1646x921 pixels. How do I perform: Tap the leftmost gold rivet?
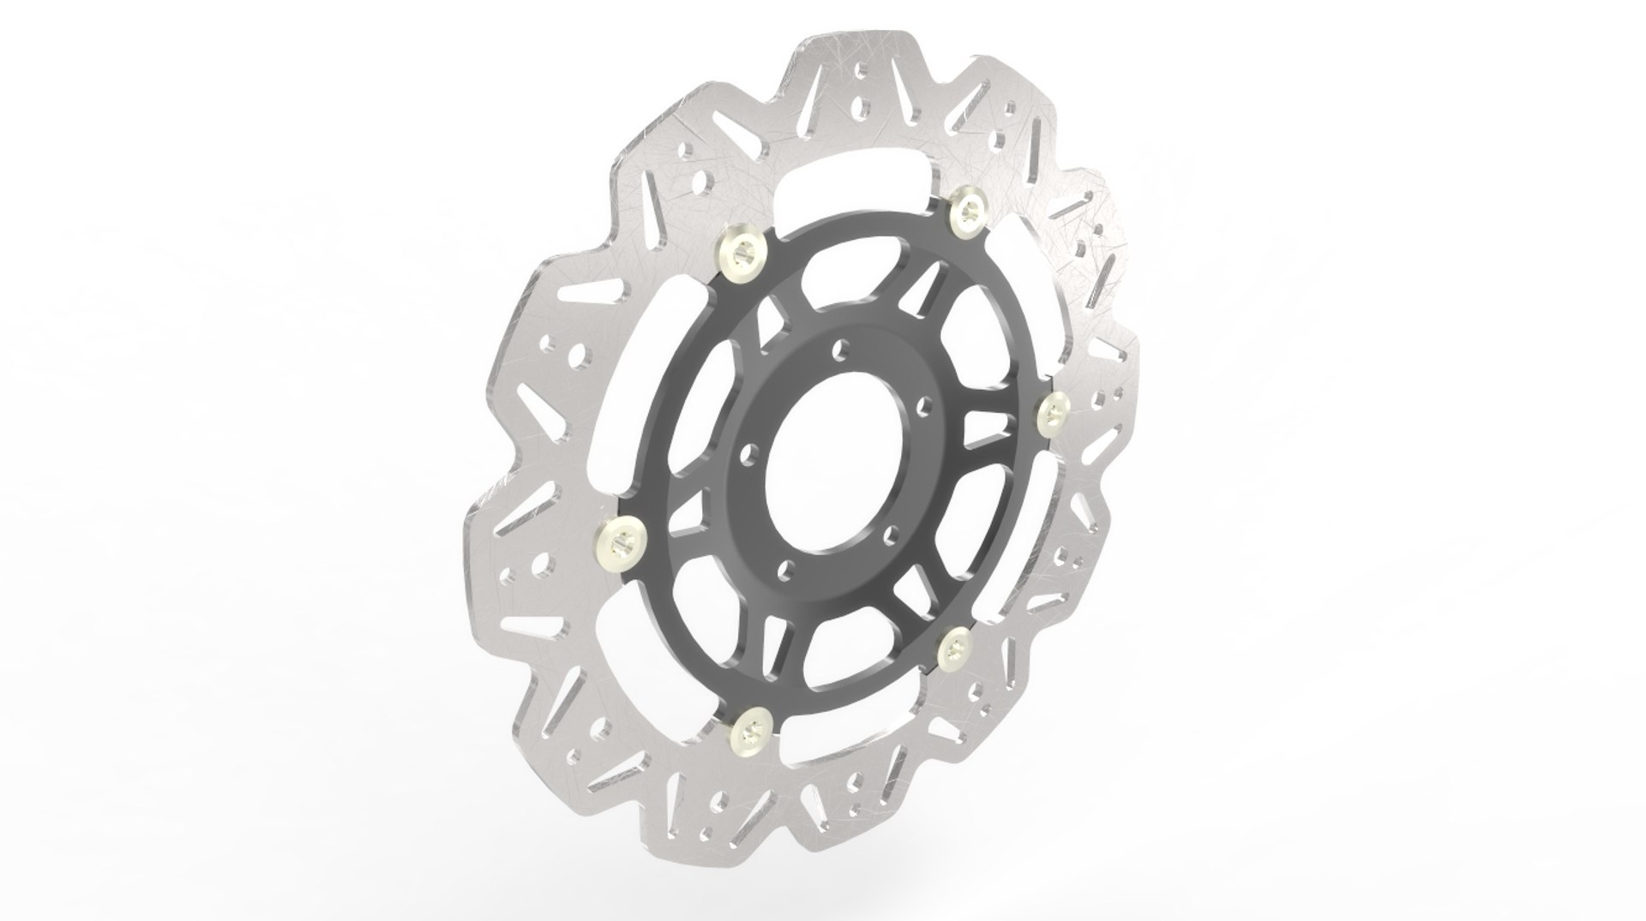[x=619, y=538]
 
